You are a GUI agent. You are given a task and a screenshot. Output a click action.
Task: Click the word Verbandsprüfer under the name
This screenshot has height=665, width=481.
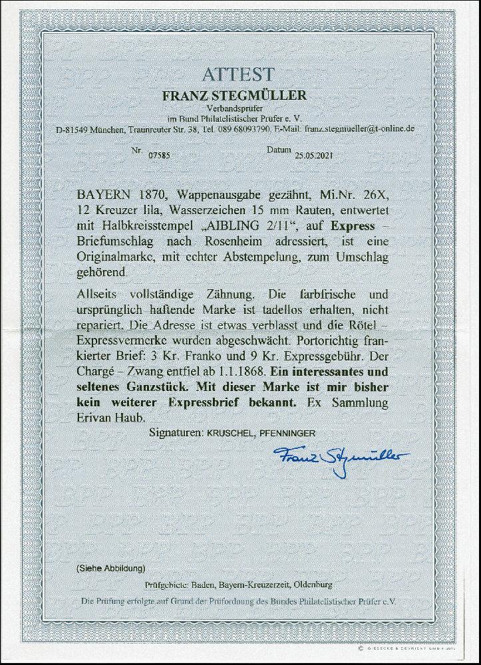240,108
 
